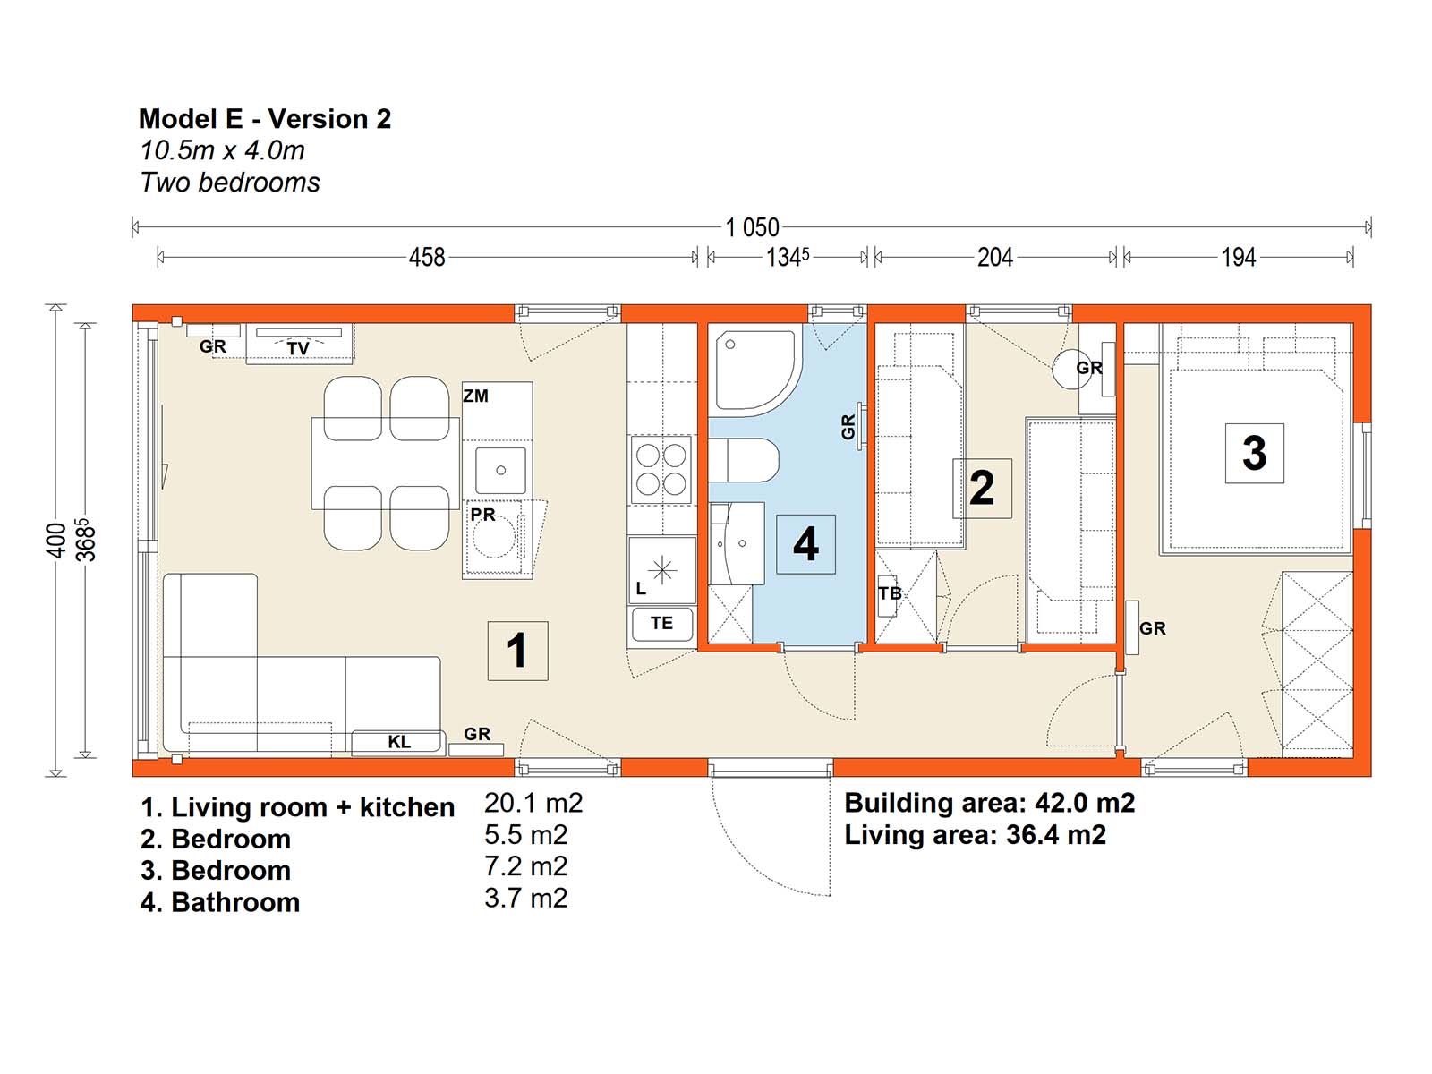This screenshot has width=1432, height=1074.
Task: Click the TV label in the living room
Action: [298, 349]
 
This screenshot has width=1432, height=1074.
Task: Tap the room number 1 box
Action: [518, 650]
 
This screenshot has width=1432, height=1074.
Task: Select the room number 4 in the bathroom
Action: [805, 544]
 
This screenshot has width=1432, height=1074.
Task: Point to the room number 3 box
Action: [1254, 453]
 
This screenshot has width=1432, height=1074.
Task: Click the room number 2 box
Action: [982, 489]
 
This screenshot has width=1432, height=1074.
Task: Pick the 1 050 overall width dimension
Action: [752, 227]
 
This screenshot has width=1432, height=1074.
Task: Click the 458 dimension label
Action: [427, 258]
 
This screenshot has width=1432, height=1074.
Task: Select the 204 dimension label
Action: [995, 258]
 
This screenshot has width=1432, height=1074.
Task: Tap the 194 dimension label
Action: [1239, 258]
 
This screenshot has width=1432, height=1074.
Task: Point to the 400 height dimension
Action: [56, 540]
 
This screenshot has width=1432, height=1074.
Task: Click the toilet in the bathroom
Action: [744, 460]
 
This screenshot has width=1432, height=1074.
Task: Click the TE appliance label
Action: [661, 623]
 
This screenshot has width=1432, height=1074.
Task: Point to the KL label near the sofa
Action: [399, 741]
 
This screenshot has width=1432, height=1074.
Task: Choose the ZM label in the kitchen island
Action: [475, 396]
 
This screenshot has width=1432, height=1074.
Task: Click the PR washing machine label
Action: [482, 515]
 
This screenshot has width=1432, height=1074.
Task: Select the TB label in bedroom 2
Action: [890, 593]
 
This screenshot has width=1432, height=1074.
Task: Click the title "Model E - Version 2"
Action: [265, 119]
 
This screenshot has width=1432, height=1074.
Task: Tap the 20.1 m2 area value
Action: [533, 803]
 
